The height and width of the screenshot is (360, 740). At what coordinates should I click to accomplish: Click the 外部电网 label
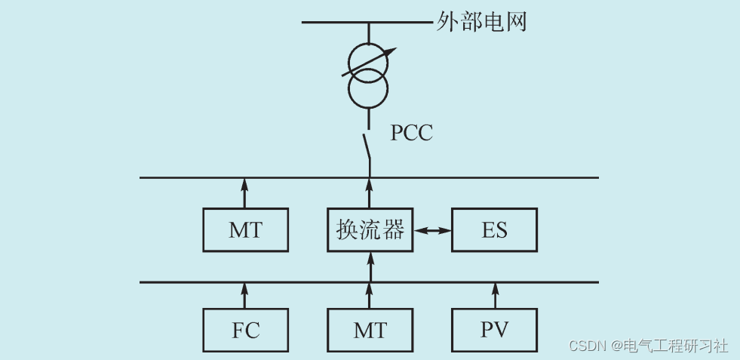pyautogui.click(x=481, y=23)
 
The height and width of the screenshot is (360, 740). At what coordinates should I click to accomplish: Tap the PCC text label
pyautogui.click(x=411, y=134)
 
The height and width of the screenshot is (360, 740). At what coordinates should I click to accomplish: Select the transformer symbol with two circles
pyautogui.click(x=369, y=75)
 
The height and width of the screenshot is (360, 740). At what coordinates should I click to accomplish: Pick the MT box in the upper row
pyautogui.click(x=246, y=230)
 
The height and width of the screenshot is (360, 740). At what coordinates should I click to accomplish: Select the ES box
pyautogui.click(x=494, y=230)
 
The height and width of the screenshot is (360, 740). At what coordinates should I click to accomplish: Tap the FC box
pyautogui.click(x=246, y=331)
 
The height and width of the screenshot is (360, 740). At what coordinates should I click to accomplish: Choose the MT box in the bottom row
pyautogui.click(x=370, y=331)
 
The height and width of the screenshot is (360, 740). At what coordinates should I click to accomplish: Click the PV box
pyautogui.click(x=494, y=331)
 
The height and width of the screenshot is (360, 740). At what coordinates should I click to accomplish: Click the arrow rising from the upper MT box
pyautogui.click(x=244, y=192)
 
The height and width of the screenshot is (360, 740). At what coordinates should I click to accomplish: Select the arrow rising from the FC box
pyautogui.click(x=244, y=296)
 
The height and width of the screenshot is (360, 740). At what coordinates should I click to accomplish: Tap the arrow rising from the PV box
pyautogui.click(x=496, y=296)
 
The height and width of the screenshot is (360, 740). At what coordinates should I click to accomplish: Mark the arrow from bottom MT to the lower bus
pyautogui.click(x=370, y=296)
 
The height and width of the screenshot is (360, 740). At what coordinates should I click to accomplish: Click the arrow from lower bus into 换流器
pyautogui.click(x=370, y=266)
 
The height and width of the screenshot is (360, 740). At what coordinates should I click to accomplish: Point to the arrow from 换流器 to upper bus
pyautogui.click(x=370, y=192)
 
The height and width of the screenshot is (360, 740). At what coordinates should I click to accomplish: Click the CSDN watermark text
pyautogui.click(x=648, y=346)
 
